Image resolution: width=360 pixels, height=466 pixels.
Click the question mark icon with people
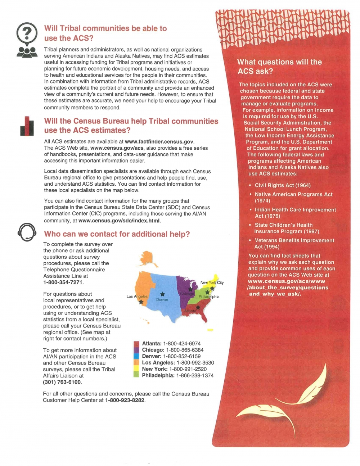pyautogui.click(x=27, y=40)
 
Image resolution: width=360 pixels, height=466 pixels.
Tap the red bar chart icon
pyautogui.click(x=27, y=126)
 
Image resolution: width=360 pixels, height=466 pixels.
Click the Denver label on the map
pyautogui.click(x=162, y=299)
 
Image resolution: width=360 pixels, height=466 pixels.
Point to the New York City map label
pyautogui.click(x=212, y=282)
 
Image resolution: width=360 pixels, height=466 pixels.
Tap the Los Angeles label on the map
pyautogui.click(x=137, y=297)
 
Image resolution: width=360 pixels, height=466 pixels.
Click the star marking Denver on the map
pyautogui.click(x=162, y=294)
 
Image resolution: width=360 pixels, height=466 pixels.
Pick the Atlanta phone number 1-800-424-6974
pyautogui.click(x=182, y=344)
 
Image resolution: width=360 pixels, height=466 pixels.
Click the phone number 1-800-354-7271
pyautogui.click(x=63, y=282)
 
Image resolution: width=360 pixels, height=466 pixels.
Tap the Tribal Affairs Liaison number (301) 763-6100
pyautogui.click(x=62, y=382)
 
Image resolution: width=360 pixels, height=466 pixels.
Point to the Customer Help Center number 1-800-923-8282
pyautogui.click(x=125, y=400)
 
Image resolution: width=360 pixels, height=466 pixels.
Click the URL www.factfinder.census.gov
pyautogui.click(x=159, y=142)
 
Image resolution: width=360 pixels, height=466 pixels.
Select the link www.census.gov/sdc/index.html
pyautogui.click(x=119, y=221)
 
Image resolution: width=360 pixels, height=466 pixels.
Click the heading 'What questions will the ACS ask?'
pyautogui.click(x=279, y=67)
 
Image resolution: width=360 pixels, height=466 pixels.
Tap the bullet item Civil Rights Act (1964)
pyautogui.click(x=283, y=185)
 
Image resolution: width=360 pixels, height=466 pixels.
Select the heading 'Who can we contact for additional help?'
pyautogui.click(x=117, y=234)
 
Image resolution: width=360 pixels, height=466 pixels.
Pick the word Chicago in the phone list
pyautogui.click(x=153, y=350)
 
